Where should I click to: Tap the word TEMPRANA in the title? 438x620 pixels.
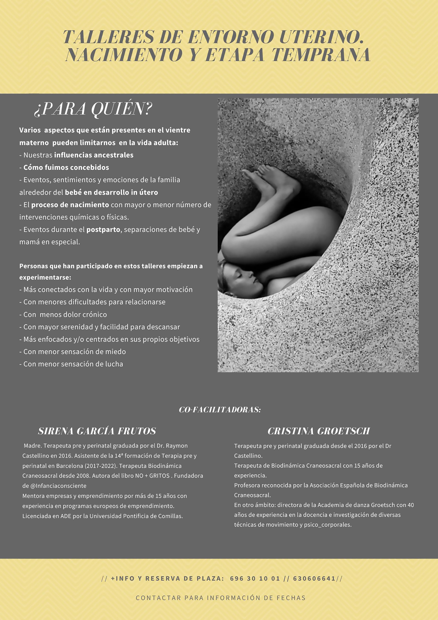click(321, 55)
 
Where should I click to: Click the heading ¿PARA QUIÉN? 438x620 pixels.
click(93, 109)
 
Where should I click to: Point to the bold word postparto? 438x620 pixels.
click(103, 230)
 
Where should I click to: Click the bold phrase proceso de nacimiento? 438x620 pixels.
click(70, 205)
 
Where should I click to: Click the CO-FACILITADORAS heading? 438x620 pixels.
click(220, 410)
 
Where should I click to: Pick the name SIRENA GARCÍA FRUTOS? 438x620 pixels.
click(97, 431)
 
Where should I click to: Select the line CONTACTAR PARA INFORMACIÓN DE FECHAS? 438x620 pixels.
click(220, 598)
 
